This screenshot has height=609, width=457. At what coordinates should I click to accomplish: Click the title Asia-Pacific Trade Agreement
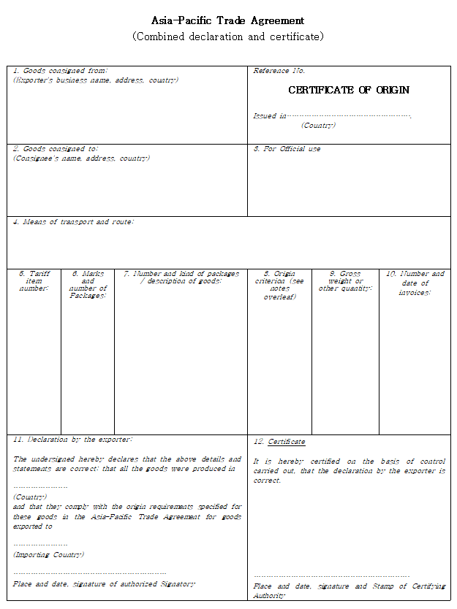click(x=227, y=20)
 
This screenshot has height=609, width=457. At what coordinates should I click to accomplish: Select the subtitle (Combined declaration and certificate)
click(x=227, y=37)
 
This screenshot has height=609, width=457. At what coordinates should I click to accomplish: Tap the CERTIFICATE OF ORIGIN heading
click(x=349, y=90)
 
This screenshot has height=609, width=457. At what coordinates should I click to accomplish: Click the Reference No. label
click(x=279, y=71)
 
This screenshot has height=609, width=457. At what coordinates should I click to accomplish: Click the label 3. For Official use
click(x=287, y=149)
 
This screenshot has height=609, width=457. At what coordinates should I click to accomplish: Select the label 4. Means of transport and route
click(x=73, y=221)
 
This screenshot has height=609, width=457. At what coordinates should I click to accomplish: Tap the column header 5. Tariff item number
click(x=34, y=281)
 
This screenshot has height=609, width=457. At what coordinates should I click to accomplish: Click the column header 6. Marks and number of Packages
click(x=88, y=284)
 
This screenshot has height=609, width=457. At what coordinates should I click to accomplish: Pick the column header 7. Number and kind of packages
click(x=181, y=277)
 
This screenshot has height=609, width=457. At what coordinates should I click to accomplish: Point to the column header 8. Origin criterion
click(x=279, y=285)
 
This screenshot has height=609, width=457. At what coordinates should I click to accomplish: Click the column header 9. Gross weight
click(x=345, y=281)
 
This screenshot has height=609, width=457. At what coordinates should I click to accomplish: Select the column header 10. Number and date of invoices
click(x=415, y=283)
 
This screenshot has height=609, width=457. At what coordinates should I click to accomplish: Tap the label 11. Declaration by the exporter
click(x=72, y=440)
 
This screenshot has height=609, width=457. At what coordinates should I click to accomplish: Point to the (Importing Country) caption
click(x=48, y=555)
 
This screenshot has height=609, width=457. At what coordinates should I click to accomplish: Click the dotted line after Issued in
click(x=349, y=116)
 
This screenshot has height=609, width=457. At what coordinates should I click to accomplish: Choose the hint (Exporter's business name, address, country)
click(x=96, y=80)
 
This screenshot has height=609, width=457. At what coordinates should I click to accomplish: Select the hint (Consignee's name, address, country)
click(x=81, y=158)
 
